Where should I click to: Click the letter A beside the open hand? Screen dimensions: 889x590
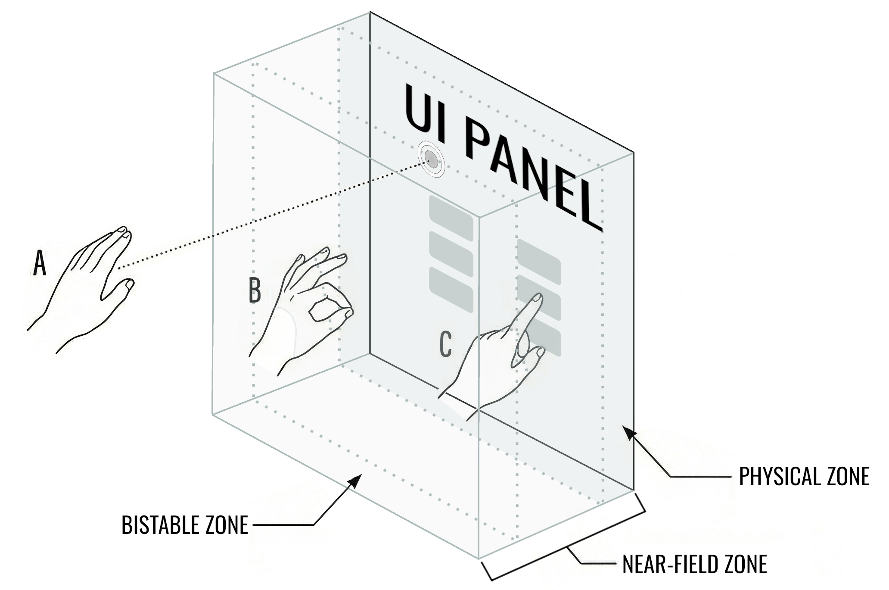click(40, 264)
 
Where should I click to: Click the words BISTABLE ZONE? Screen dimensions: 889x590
click(185, 525)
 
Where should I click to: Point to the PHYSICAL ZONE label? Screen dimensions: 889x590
click(804, 476)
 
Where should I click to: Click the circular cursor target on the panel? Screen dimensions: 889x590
click(430, 161)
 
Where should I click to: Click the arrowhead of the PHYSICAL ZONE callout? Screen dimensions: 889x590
click(630, 433)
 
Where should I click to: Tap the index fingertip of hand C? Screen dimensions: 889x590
click(537, 298)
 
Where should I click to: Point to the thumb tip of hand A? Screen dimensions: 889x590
click(128, 284)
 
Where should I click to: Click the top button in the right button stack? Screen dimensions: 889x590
click(539, 261)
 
